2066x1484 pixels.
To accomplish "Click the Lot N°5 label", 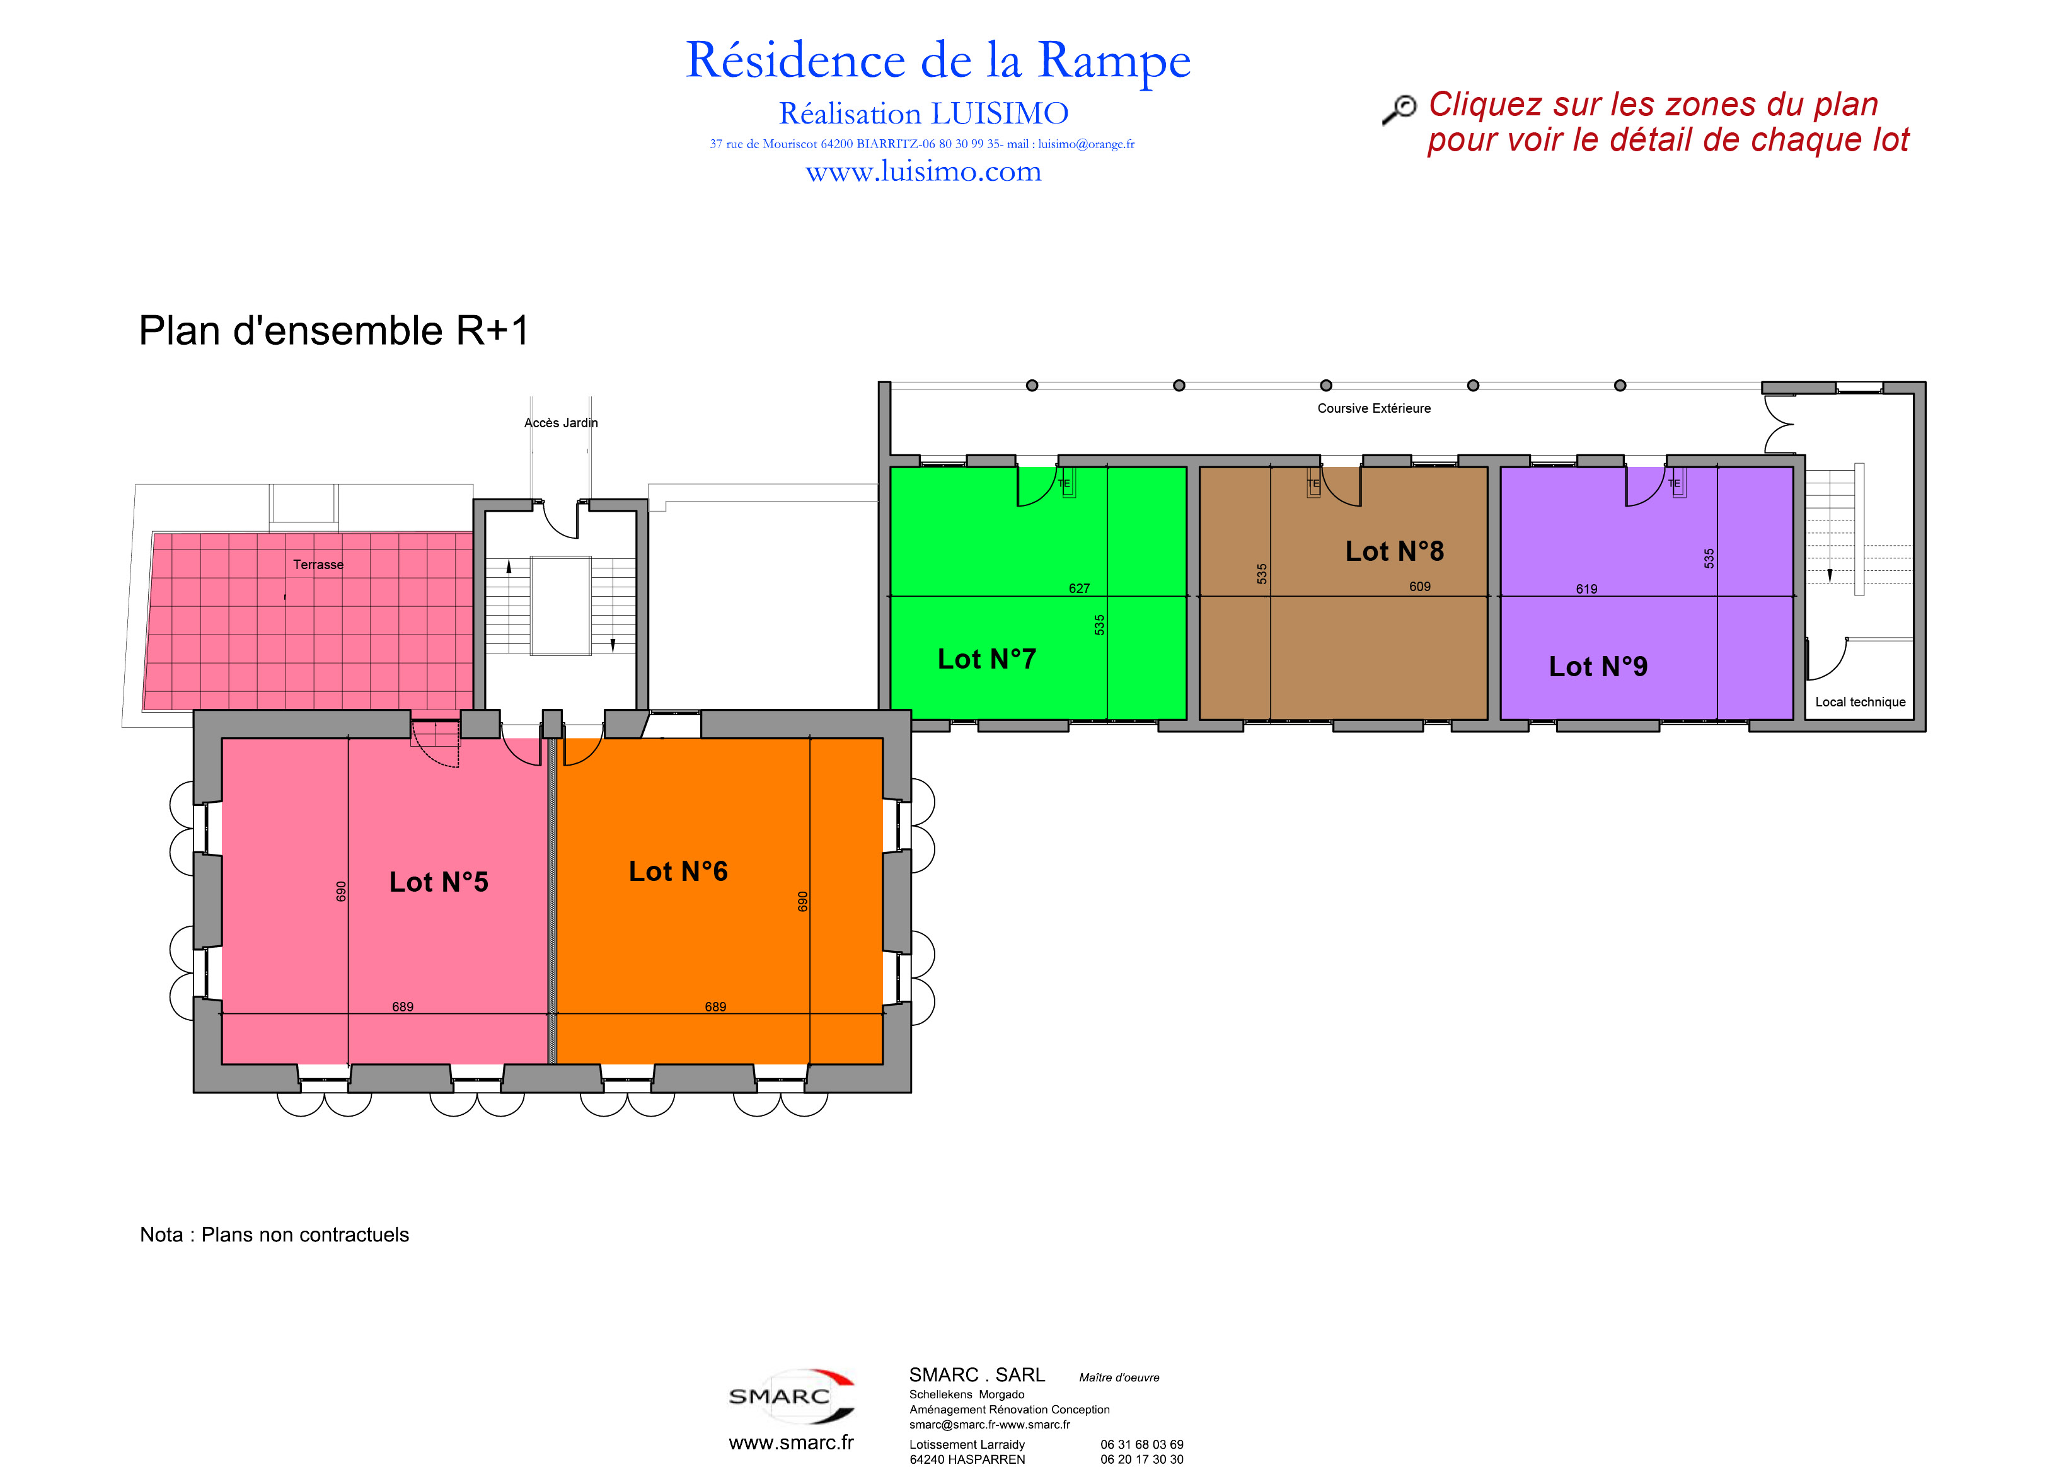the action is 439,882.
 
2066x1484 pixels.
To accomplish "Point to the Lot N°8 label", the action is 1395,551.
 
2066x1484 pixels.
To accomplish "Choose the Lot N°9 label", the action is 1599,666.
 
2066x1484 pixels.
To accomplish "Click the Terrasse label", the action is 318,565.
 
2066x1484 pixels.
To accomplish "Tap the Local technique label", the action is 1860,703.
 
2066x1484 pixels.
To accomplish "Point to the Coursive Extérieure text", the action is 1374,408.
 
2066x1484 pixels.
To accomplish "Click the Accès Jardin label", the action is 561,423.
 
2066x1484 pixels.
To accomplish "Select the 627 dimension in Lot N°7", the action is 1080,589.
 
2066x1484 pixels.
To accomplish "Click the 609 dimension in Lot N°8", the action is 1420,587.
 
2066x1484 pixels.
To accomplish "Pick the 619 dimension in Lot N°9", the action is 1587,589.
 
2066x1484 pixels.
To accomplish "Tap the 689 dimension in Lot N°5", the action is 403,1006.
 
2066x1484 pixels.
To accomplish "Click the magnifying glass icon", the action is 1399,108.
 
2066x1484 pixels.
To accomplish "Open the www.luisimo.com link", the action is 924,171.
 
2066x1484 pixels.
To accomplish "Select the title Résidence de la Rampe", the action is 938,62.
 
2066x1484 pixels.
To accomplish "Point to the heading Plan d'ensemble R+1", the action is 333,331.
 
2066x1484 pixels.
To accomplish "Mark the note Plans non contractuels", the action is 305,1234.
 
